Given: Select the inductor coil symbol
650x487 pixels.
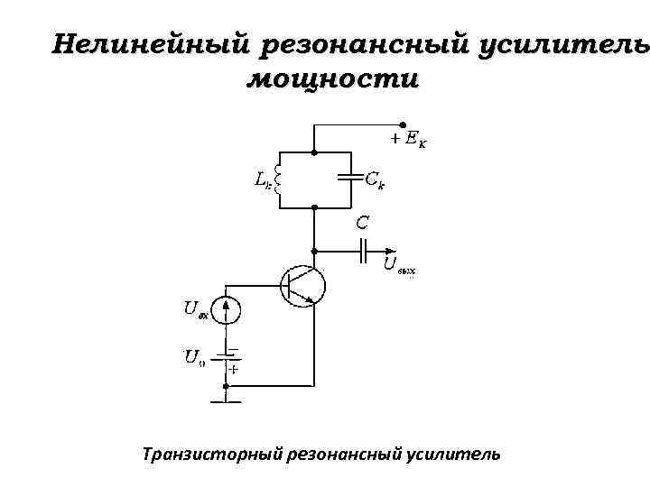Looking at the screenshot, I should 279,178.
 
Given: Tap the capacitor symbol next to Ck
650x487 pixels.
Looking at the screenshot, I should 348,178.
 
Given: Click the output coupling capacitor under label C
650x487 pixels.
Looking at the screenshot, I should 363,251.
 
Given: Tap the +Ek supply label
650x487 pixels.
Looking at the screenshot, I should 409,140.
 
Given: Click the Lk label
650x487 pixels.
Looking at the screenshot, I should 261,180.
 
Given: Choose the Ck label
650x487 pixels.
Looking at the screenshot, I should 375,179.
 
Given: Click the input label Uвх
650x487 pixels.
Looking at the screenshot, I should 196,310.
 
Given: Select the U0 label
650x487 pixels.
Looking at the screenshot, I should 195,358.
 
